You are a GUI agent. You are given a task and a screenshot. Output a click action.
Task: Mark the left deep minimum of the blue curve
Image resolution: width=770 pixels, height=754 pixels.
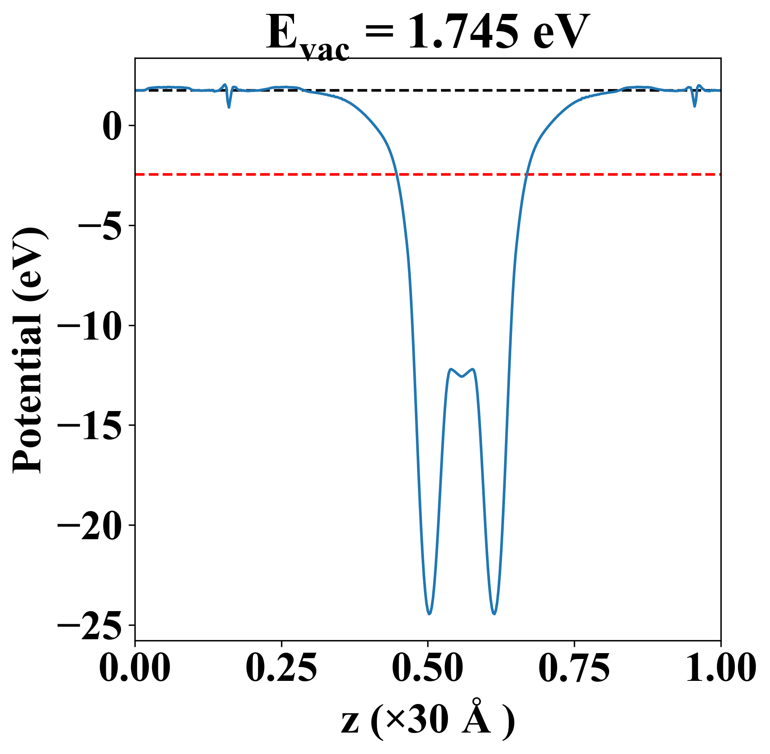pos(429,614)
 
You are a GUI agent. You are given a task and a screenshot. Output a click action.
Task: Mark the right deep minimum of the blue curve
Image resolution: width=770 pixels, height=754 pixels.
pos(494,614)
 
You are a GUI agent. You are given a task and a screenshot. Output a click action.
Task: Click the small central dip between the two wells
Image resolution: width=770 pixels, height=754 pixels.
pos(462,377)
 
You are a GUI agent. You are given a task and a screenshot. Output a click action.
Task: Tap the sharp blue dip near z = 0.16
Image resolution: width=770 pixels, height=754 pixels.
pos(229,107)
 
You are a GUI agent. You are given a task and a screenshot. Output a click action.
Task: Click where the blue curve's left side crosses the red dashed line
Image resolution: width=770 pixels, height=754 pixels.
pos(396,174)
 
